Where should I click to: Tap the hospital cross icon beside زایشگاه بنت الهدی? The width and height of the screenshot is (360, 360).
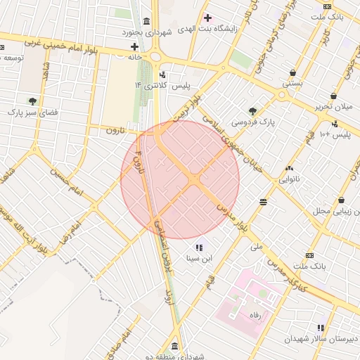(x=207, y=18)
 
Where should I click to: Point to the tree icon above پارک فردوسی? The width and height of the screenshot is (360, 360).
(x=252, y=110)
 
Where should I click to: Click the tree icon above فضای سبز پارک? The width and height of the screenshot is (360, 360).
(x=32, y=101)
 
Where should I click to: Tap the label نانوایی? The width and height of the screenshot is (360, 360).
(x=289, y=179)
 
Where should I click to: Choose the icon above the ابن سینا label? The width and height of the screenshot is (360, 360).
(x=198, y=247)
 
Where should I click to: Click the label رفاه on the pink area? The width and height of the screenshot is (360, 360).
(x=255, y=316)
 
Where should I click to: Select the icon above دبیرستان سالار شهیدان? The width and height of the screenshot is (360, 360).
(x=321, y=328)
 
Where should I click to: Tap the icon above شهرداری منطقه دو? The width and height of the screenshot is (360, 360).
(x=174, y=346)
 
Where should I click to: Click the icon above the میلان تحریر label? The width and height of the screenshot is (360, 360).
(x=333, y=96)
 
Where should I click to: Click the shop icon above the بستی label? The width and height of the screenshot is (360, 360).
(x=292, y=72)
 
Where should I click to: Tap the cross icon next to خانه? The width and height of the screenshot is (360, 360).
(x=134, y=46)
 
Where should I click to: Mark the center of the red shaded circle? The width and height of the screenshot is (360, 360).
(x=180, y=180)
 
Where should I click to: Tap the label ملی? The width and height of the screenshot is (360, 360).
(x=256, y=247)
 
